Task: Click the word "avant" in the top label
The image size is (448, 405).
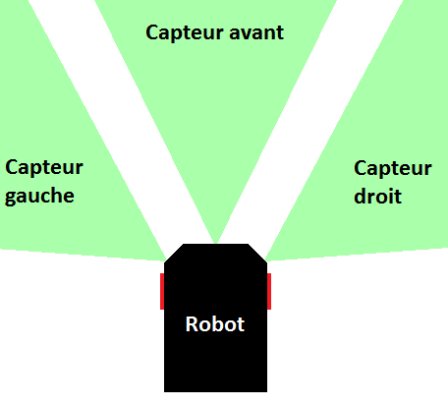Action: click(256, 32)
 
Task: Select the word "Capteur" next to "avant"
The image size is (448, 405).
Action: click(185, 33)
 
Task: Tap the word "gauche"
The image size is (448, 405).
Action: click(39, 197)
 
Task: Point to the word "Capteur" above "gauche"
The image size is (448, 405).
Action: click(44, 168)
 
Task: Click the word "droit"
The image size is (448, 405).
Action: click(378, 196)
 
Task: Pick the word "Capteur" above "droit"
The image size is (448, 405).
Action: click(393, 169)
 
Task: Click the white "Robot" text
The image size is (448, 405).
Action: click(215, 324)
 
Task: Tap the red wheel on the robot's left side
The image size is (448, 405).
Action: click(162, 291)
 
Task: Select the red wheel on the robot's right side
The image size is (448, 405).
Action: click(269, 291)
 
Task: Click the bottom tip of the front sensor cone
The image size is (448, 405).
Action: click(215, 243)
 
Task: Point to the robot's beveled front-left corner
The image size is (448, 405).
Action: click(174, 253)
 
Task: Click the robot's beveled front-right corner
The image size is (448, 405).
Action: click(257, 253)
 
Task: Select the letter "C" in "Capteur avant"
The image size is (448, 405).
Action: click(152, 32)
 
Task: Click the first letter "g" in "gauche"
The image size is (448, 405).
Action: click(11, 198)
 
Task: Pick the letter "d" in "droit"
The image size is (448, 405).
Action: click(361, 196)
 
